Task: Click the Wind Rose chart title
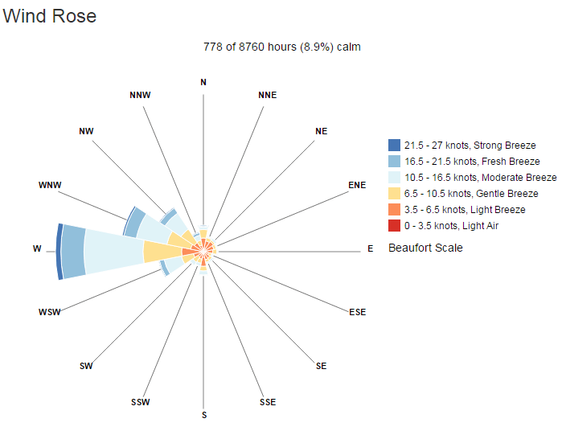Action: coord(50,16)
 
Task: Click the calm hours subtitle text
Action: coord(282,47)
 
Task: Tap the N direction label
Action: coord(203,82)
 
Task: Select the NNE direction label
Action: coord(267,95)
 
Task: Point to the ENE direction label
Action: coord(357,185)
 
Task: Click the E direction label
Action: coord(370,249)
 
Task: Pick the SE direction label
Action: coord(322,366)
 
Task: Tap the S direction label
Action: coord(204,415)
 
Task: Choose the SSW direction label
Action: coord(141,402)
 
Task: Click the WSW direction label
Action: coord(49,312)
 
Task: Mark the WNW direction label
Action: coord(50,185)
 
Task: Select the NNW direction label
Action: coord(140,95)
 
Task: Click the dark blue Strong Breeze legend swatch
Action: coord(394,146)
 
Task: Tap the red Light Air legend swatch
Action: coord(394,226)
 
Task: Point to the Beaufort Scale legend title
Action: coord(425,248)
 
